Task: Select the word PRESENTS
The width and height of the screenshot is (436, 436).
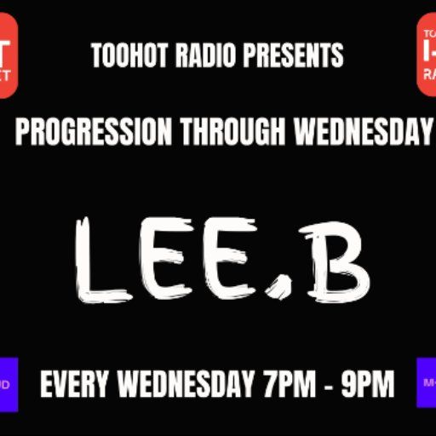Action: [294, 56]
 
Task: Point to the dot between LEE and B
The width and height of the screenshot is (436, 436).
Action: [278, 290]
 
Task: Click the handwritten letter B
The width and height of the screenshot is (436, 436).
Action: [336, 259]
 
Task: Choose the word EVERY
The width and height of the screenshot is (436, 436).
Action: [76, 385]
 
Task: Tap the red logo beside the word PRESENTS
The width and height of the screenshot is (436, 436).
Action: [426, 55]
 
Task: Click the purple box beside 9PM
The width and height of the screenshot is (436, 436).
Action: [426, 384]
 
